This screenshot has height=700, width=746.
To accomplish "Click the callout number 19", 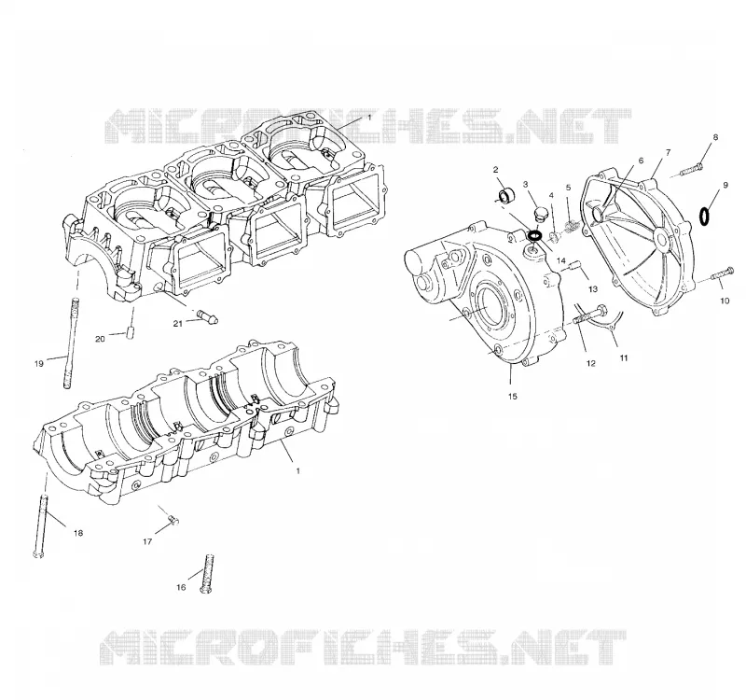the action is point(38,364).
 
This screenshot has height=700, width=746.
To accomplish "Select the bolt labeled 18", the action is point(41,526).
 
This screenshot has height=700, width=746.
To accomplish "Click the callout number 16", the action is point(181,588).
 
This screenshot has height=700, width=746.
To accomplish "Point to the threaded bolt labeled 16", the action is point(208,574).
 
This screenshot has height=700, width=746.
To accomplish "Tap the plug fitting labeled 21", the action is point(207,316).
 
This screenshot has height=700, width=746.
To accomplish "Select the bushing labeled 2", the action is point(506,195).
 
